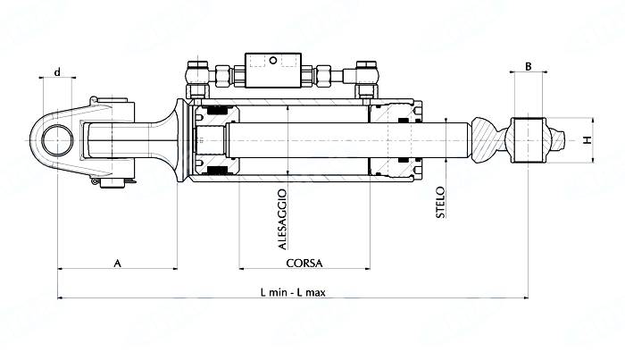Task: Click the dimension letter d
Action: tap(57, 71)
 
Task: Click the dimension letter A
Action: tap(117, 262)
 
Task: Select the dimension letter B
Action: tap(528, 66)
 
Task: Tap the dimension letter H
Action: tap(587, 140)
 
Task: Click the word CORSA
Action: tap(304, 264)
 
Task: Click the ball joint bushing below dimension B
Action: tap(528, 140)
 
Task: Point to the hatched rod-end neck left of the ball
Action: tap(483, 140)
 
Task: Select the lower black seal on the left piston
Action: tap(214, 171)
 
